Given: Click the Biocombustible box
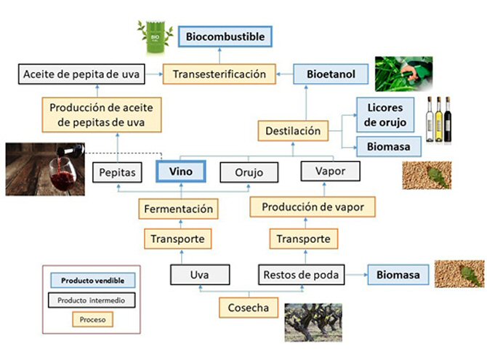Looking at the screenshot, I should (225, 36).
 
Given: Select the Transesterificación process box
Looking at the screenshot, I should (219, 73).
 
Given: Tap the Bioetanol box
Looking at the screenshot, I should (331, 73).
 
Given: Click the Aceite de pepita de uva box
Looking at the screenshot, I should (81, 73).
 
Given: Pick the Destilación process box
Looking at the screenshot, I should (292, 131).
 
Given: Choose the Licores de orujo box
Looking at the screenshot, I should (385, 114).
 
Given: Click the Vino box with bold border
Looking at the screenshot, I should (180, 172).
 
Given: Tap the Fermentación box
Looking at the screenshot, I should (177, 209).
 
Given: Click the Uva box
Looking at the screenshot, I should (200, 275).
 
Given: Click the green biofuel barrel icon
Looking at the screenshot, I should (154, 36).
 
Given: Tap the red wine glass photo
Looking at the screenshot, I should (44, 169).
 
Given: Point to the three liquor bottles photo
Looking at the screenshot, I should (438, 119).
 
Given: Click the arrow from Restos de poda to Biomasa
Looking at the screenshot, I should (355, 275).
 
